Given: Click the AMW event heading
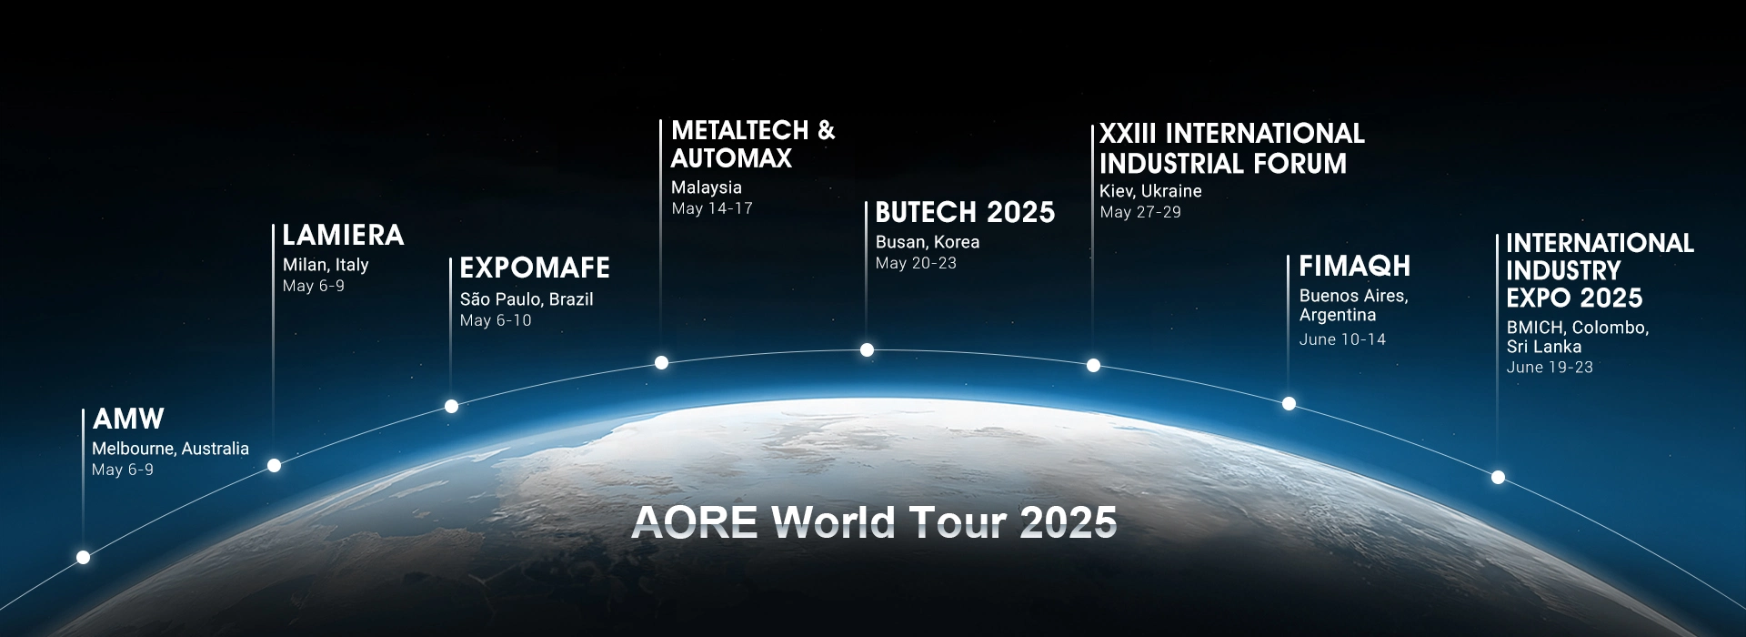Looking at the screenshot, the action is click(x=128, y=419).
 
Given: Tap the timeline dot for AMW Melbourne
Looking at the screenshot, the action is click(x=84, y=557).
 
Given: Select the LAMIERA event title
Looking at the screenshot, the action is click(x=343, y=235).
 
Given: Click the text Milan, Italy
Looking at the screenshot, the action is click(x=326, y=265).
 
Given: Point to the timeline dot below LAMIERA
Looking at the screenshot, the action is click(x=275, y=465).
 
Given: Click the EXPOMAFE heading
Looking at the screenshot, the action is click(x=535, y=268).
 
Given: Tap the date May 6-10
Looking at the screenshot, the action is click(x=496, y=320).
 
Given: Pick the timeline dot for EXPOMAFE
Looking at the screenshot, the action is click(x=451, y=406).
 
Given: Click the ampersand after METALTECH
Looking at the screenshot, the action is click(x=826, y=130).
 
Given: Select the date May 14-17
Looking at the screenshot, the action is click(x=712, y=208).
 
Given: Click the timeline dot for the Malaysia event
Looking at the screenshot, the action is click(x=662, y=362).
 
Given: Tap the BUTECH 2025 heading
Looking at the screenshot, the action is click(x=965, y=212).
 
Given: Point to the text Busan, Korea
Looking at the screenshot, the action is click(x=928, y=242).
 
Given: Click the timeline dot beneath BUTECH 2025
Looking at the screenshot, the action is click(x=868, y=349).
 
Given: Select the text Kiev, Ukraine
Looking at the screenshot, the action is click(x=1150, y=191).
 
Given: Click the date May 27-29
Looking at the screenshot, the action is click(x=1140, y=212).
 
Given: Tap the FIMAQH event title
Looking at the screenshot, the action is click(x=1355, y=266).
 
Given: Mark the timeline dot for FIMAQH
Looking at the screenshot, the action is click(x=1289, y=403).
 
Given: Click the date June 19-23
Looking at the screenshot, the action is click(x=1550, y=368).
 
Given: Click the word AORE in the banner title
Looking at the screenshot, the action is click(x=695, y=522).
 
